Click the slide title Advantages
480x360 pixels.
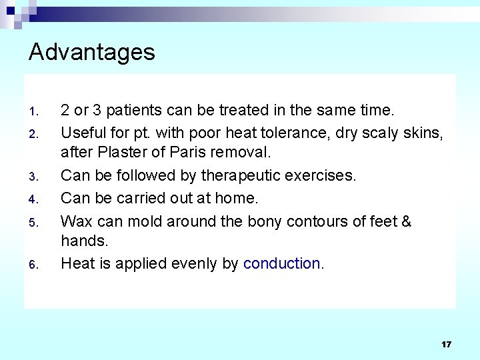click(x=92, y=52)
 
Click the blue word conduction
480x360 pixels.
click(x=282, y=263)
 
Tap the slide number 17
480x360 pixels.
click(x=446, y=344)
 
